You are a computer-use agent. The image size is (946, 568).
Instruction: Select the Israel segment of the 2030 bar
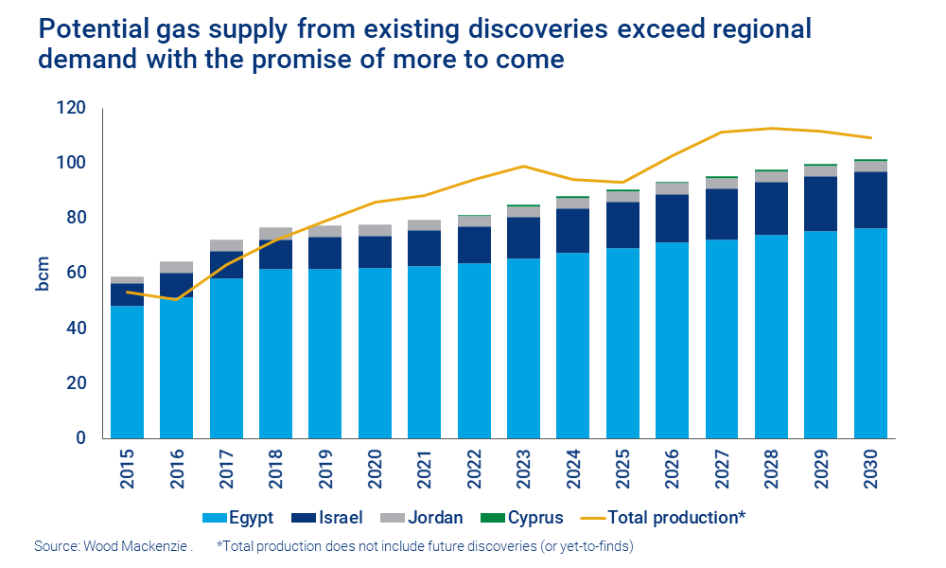point(870,200)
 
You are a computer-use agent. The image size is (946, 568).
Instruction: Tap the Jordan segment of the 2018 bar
point(275,233)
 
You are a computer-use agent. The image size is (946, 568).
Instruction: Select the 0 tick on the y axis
point(82,438)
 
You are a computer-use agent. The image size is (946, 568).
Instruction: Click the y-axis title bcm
point(43,274)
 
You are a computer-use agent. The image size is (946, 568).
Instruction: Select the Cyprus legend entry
point(524,518)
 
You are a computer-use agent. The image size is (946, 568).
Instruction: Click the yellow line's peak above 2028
point(771,129)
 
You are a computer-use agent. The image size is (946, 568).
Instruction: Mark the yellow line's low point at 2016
point(176,299)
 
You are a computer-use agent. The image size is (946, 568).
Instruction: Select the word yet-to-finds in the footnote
point(593,546)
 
